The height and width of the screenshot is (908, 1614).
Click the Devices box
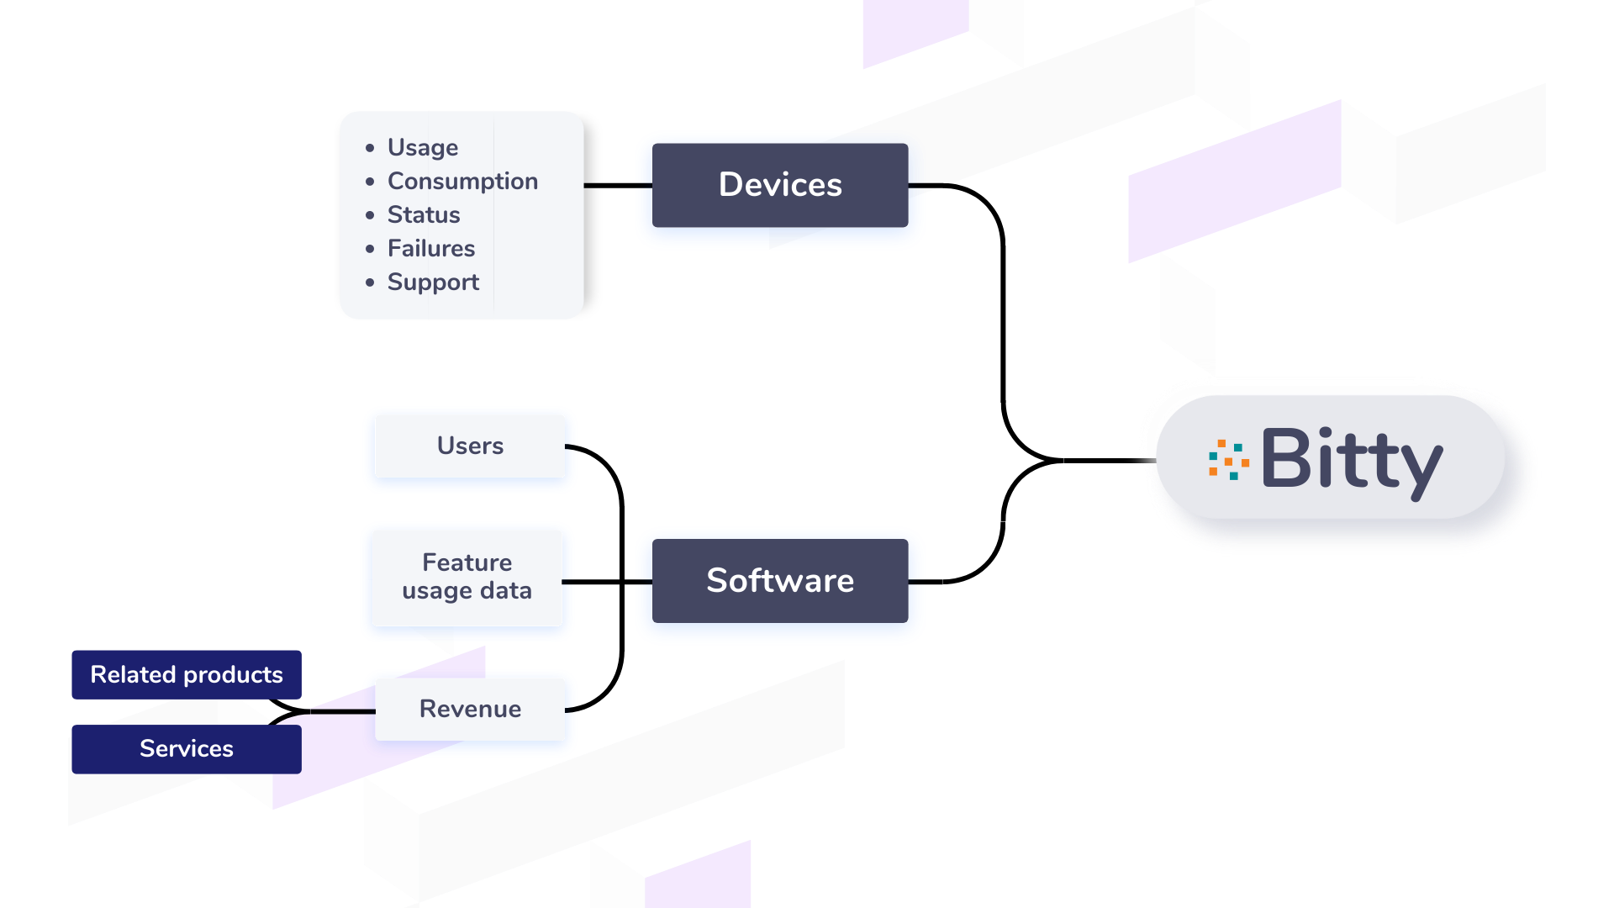(780, 185)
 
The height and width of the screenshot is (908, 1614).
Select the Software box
(780, 581)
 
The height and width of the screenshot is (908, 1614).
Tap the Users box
(470, 446)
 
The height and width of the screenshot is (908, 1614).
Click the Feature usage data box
(467, 577)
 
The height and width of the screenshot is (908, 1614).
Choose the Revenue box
(470, 709)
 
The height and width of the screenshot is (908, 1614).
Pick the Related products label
(187, 674)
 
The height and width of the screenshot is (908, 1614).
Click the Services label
(187, 748)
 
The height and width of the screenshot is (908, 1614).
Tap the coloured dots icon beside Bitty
(1228, 459)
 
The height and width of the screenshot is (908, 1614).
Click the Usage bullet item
(423, 147)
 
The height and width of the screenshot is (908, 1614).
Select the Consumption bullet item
(462, 181)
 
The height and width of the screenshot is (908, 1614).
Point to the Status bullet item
(424, 214)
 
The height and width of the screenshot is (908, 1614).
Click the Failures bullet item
(431, 248)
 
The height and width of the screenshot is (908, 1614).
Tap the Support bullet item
(433, 282)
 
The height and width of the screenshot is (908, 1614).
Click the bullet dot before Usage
(370, 148)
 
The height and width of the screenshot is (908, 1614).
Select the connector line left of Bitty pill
(1140, 460)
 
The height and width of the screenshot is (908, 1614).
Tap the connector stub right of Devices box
(928, 184)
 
